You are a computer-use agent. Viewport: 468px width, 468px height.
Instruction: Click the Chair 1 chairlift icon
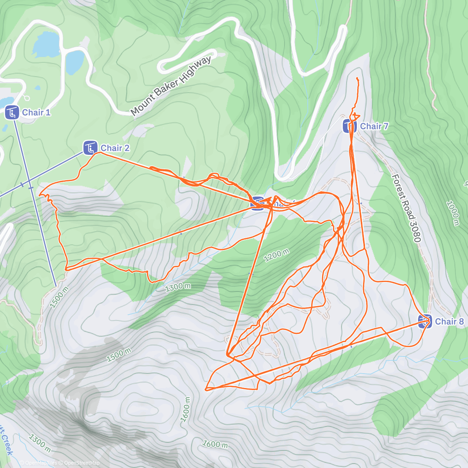pyautogui.click(x=12, y=113)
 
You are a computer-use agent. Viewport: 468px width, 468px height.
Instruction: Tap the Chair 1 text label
pyautogui.click(x=36, y=113)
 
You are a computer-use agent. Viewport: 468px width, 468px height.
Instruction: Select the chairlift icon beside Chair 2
pyautogui.click(x=90, y=148)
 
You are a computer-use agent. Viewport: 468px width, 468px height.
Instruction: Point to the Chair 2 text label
pyautogui.click(x=115, y=148)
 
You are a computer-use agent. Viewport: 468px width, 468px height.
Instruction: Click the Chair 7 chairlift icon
pyautogui.click(x=349, y=126)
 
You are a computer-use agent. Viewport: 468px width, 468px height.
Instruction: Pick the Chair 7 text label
pyautogui.click(x=374, y=126)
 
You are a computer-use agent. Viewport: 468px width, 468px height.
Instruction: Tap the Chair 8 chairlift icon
pyautogui.click(x=425, y=321)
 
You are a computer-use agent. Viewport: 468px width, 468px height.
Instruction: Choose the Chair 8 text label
pyautogui.click(x=449, y=321)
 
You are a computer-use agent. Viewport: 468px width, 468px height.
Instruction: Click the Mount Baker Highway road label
pyautogui.click(x=171, y=86)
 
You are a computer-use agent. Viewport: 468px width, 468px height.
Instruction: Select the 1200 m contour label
pyautogui.click(x=277, y=255)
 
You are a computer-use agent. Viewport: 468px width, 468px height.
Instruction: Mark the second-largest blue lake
pyautogui.click(x=74, y=62)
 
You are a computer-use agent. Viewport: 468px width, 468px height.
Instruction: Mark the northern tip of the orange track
pyautogui.click(x=357, y=78)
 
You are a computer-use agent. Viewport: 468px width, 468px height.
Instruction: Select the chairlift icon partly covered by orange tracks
pyautogui.click(x=257, y=203)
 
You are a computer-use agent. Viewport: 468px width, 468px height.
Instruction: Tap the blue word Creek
pyautogui.click(x=7, y=445)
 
